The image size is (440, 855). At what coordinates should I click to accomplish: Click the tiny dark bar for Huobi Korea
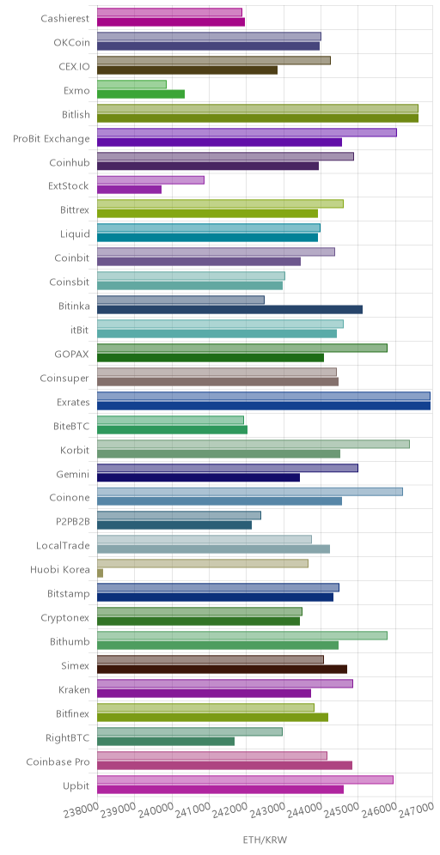tap(100, 573)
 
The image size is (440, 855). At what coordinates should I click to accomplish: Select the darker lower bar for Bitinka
tap(229, 309)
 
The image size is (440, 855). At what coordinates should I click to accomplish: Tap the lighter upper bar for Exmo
tap(131, 84)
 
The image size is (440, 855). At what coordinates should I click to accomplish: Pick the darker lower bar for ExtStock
tap(130, 189)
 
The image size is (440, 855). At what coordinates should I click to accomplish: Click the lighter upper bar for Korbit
tap(254, 444)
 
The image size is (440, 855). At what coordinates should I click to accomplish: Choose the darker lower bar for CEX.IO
tap(187, 70)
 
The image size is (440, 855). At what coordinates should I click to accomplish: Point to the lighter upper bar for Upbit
tap(245, 779)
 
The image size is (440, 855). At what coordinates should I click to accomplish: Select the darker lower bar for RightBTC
tap(166, 741)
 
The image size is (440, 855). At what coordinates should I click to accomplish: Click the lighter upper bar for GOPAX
tap(242, 348)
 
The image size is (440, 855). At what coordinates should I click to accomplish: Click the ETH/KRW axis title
tap(265, 840)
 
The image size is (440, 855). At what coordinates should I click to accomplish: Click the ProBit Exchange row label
tap(51, 138)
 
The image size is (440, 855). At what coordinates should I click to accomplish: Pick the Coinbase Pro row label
tap(58, 761)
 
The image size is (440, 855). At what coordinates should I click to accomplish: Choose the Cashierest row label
tap(65, 19)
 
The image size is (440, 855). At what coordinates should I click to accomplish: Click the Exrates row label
tap(72, 403)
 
